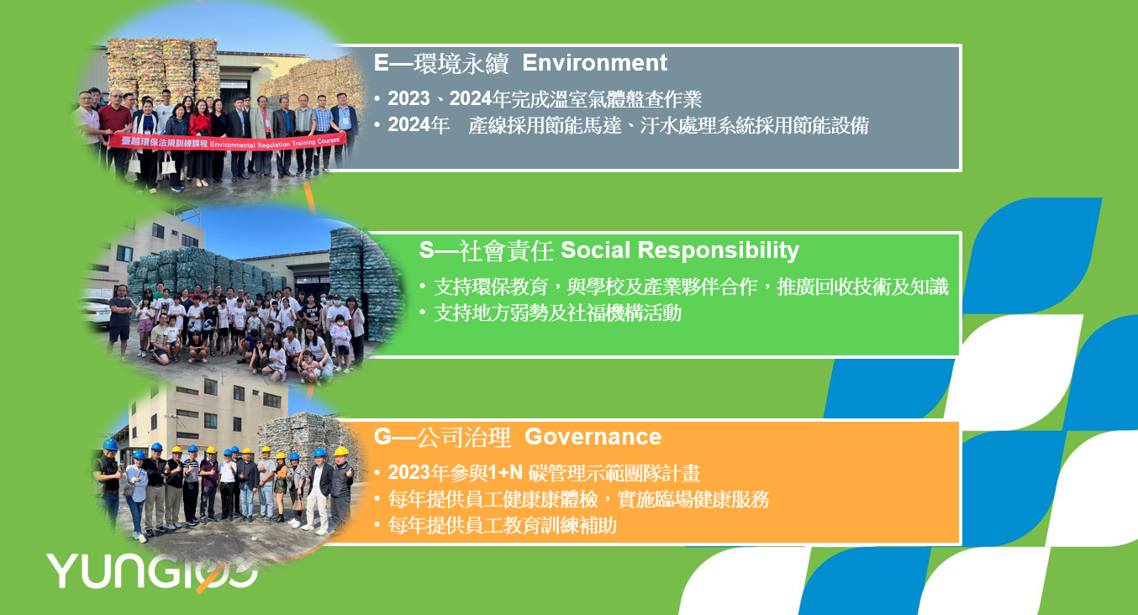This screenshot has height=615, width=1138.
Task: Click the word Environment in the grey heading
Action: pyautogui.click(x=594, y=63)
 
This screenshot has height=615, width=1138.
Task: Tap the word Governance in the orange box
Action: pyautogui.click(x=593, y=437)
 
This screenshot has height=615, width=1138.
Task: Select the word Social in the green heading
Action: pyautogui.click(x=595, y=250)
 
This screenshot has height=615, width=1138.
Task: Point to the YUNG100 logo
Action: pyautogui.click(x=151, y=571)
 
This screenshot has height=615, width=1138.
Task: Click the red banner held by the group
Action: pyautogui.click(x=228, y=141)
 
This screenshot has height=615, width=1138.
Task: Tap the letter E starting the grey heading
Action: pyautogui.click(x=381, y=63)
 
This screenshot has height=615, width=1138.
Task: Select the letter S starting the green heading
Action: pyautogui.click(x=427, y=250)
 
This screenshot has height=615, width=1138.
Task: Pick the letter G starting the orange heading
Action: pyautogui.click(x=382, y=437)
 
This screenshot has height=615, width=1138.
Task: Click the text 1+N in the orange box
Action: pyautogui.click(x=505, y=473)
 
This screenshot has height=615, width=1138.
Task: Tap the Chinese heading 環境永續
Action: pyautogui.click(x=461, y=64)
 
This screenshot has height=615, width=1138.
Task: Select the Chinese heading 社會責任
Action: pyautogui.click(x=506, y=251)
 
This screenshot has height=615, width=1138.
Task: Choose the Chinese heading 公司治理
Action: pyautogui.click(x=464, y=437)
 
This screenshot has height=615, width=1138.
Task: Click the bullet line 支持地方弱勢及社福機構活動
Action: pyautogui.click(x=557, y=313)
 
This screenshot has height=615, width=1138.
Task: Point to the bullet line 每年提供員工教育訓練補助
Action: pyautogui.click(x=503, y=526)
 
